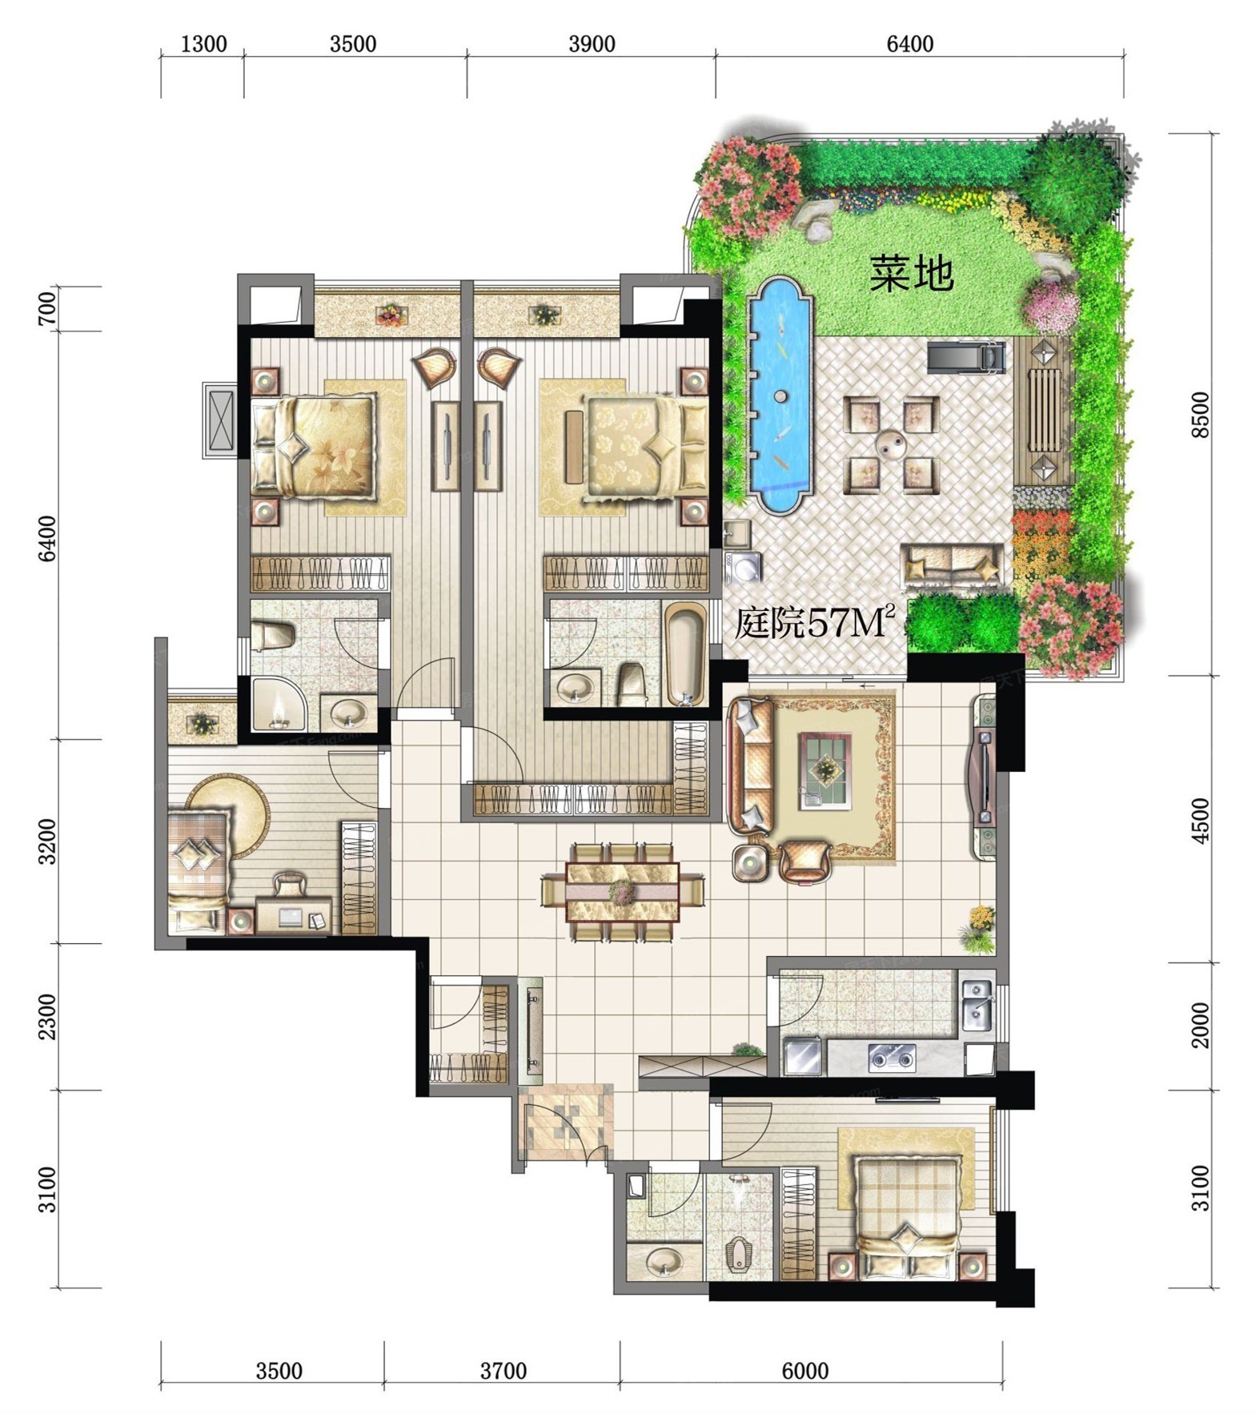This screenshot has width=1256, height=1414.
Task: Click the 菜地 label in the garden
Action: (912, 273)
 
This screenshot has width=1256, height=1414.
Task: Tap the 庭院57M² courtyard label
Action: (814, 621)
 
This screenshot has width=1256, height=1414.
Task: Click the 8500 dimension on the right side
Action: (1201, 415)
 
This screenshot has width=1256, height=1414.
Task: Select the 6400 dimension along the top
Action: (910, 43)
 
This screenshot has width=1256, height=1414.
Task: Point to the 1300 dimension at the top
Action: (203, 43)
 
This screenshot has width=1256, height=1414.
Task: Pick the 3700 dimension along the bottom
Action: (504, 1371)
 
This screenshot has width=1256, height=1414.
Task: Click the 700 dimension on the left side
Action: (47, 308)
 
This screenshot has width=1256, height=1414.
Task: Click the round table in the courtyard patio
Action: (891, 443)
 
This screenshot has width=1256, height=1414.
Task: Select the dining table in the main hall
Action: (623, 891)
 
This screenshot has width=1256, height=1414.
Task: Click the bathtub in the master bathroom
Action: (685, 654)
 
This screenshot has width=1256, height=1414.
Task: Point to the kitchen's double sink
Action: (977, 1006)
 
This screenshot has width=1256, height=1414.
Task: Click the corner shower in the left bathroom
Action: (277, 704)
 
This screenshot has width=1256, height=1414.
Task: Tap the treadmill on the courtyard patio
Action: (965, 357)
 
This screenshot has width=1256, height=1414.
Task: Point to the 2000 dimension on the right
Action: (1201, 1025)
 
